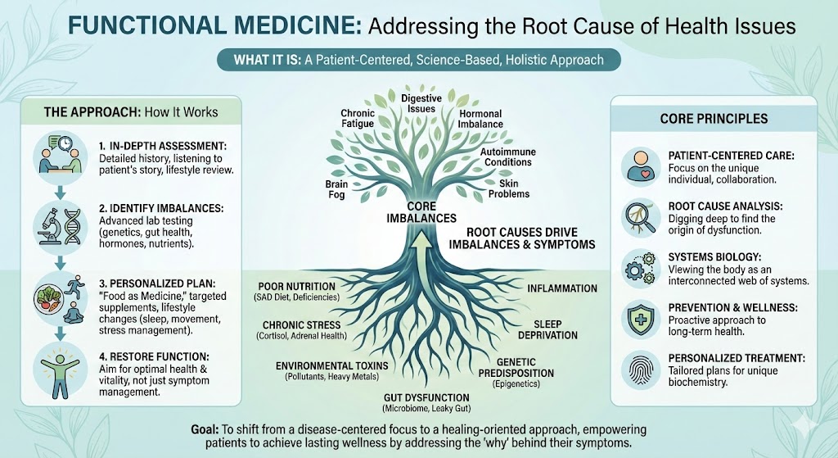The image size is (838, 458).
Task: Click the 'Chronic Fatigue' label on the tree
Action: tap(358, 118)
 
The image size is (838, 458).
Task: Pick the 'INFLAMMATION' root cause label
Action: tap(562, 288)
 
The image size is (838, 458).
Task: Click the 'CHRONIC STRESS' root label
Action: tap(302, 325)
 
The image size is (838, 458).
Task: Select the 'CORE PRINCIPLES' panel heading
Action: tap(714, 118)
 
